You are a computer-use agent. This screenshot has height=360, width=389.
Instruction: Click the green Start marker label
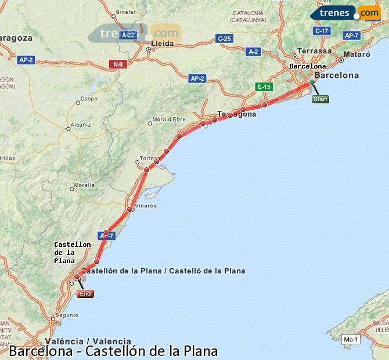click(320, 99)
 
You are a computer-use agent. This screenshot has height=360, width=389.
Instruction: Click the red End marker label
click(85, 294)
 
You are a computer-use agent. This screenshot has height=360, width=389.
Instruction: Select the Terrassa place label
click(314, 51)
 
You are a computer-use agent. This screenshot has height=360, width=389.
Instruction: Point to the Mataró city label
click(357, 54)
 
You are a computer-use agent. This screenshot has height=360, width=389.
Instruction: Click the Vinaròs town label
click(145, 206)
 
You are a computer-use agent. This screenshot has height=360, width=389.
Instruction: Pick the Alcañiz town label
click(80, 125)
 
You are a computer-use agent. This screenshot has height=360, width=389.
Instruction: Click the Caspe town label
click(89, 99)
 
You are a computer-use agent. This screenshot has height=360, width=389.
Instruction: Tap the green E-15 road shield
click(264, 87)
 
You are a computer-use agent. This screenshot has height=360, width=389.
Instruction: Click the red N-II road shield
click(117, 64)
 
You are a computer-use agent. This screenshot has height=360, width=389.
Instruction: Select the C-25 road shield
click(224, 39)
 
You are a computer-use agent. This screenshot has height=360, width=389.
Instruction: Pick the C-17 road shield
click(321, 31)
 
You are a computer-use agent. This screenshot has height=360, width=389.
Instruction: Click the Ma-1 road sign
click(350, 340)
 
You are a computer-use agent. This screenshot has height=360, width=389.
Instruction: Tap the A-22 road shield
click(128, 35)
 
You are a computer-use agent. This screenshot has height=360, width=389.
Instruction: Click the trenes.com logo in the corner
click(346, 13)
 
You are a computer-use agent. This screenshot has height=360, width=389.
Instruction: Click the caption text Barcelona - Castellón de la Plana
click(114, 351)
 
